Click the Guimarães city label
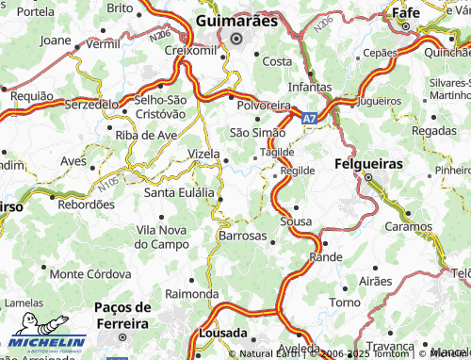pos(236,20)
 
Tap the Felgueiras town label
pos(367,163)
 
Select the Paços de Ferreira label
pos(122,316)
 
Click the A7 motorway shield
pos(310,120)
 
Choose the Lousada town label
pos(223,334)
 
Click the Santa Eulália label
pos(178,192)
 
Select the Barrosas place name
pos(242,237)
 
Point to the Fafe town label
pos(406,13)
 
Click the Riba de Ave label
pos(146,135)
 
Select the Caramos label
pos(408,227)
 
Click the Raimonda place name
pos(191,293)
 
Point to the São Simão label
pos(257,133)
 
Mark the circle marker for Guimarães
pos(235,39)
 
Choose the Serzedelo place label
pos(92,104)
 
